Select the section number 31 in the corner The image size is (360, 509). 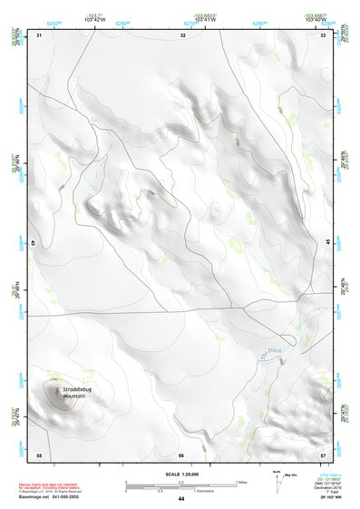click(39, 34)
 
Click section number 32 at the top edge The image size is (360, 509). click(183, 34)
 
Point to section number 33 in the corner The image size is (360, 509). click(324, 34)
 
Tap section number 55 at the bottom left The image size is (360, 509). click(39, 454)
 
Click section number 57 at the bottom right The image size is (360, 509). click(323, 454)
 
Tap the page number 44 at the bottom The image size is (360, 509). click(181, 499)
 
